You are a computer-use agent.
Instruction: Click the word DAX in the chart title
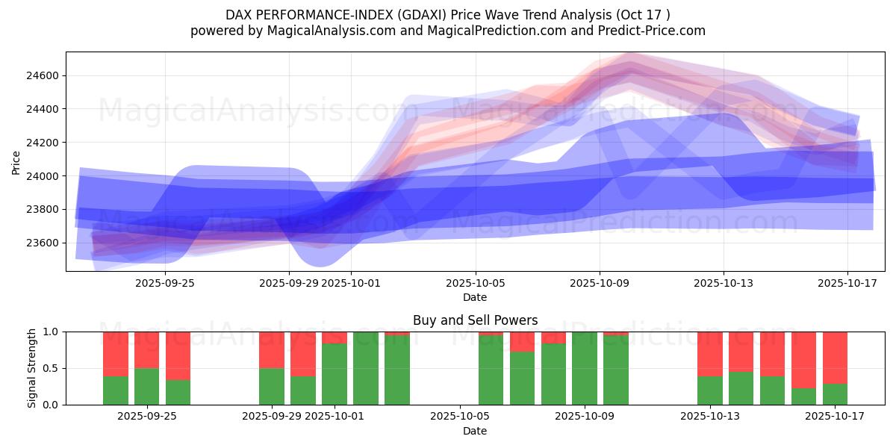238,15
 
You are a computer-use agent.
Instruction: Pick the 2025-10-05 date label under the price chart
475,283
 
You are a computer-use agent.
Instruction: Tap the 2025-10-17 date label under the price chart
847,283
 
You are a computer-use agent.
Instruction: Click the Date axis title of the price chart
475,297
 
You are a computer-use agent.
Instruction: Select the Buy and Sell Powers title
475,320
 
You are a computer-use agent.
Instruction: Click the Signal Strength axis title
31,368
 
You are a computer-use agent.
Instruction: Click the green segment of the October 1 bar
335,374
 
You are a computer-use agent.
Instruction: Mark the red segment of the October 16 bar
804,359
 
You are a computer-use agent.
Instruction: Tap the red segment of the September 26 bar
178,355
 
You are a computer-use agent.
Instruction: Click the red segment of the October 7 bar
522,341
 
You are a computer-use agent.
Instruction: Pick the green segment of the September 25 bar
147,386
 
